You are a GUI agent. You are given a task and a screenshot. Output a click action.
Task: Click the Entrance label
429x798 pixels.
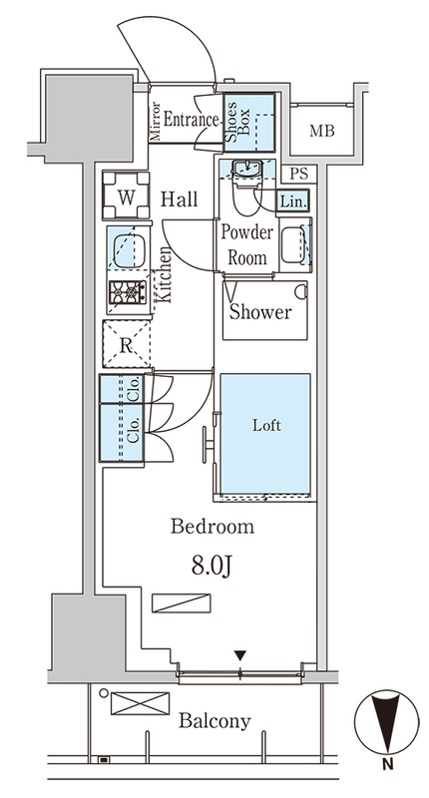pyautogui.click(x=192, y=121)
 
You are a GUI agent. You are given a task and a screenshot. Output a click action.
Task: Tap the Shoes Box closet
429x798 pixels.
pyautogui.click(x=248, y=122)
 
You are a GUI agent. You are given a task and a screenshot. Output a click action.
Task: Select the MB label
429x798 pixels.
pyautogui.click(x=322, y=131)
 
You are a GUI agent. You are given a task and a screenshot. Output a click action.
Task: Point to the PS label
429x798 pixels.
pyautogui.click(x=299, y=174)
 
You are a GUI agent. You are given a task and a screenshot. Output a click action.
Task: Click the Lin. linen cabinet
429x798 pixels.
pyautogui.click(x=293, y=201)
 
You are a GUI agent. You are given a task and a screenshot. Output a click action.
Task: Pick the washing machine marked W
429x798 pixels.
pyautogui.click(x=127, y=196)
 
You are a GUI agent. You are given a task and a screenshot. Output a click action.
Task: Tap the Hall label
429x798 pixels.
pyautogui.click(x=180, y=199)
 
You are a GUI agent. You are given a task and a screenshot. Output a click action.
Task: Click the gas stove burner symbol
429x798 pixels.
pyautogui.click(x=128, y=292)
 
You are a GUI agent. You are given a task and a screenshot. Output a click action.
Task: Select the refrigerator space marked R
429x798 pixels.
pyautogui.click(x=127, y=344)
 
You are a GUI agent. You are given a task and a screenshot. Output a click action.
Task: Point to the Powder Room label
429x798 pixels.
pyautogui.click(x=246, y=244)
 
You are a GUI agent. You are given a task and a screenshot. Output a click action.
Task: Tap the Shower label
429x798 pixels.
pyautogui.click(x=260, y=311)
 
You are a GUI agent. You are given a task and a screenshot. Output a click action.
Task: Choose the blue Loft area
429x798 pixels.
pyautogui.click(x=265, y=434)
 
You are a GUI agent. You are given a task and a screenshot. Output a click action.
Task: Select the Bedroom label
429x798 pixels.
pyautogui.click(x=213, y=527)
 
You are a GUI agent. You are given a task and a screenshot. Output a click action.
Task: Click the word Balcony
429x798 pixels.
pyautogui.click(x=215, y=721)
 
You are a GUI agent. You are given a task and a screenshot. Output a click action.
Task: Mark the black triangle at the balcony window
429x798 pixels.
pyautogui.click(x=240, y=655)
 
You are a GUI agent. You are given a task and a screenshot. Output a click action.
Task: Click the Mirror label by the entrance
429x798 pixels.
pyautogui.click(x=156, y=122)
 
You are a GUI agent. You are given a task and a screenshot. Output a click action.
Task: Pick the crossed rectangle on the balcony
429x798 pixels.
pyautogui.click(x=140, y=703)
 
